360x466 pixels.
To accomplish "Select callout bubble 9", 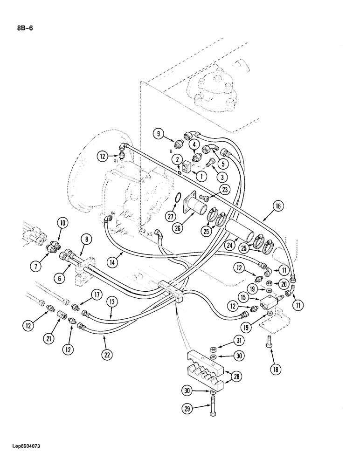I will [159, 134].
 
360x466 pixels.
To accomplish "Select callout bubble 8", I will [88, 240].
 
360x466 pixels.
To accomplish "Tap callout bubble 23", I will [225, 190].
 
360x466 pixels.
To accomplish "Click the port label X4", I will [112, 214].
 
